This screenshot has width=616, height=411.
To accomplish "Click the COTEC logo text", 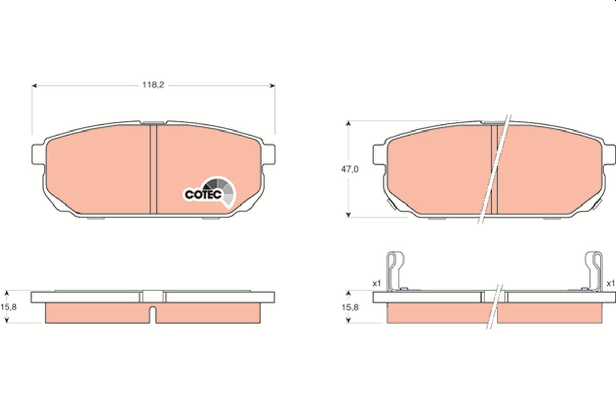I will click(x=203, y=194).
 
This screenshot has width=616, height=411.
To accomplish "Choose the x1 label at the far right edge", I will click(x=610, y=283).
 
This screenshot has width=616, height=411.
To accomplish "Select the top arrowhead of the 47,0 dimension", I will click(x=349, y=124).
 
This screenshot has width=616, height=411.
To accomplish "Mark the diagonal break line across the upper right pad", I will click(x=494, y=170).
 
